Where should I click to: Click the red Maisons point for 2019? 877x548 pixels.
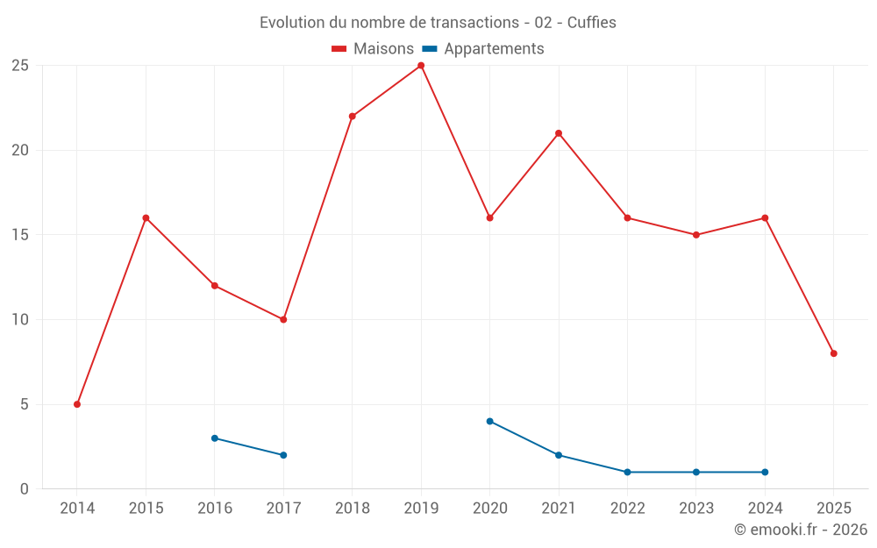[421, 66]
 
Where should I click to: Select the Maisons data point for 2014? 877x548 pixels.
[77, 404]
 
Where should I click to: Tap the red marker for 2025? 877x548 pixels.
[834, 353]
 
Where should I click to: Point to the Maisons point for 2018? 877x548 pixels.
[353, 117]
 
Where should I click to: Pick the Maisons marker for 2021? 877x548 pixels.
[559, 133]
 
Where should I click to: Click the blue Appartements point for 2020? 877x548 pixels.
[490, 421]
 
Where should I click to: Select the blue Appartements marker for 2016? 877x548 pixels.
[215, 438]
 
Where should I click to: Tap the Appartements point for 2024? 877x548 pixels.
[765, 472]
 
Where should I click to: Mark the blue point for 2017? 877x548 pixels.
[283, 455]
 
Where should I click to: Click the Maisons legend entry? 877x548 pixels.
[373, 49]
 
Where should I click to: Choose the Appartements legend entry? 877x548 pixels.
[483, 49]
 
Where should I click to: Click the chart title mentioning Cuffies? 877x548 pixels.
[438, 23]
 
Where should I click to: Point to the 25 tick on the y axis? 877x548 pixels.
[20, 66]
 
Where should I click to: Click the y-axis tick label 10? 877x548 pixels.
[20, 319]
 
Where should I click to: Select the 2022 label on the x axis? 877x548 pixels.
[627, 509]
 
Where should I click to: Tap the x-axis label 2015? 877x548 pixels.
[146, 509]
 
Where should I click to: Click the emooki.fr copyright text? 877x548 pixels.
[800, 530]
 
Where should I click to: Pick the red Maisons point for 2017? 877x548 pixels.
[283, 319]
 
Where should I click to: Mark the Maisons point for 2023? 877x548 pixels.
[696, 235]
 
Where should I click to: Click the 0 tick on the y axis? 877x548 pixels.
[25, 488]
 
